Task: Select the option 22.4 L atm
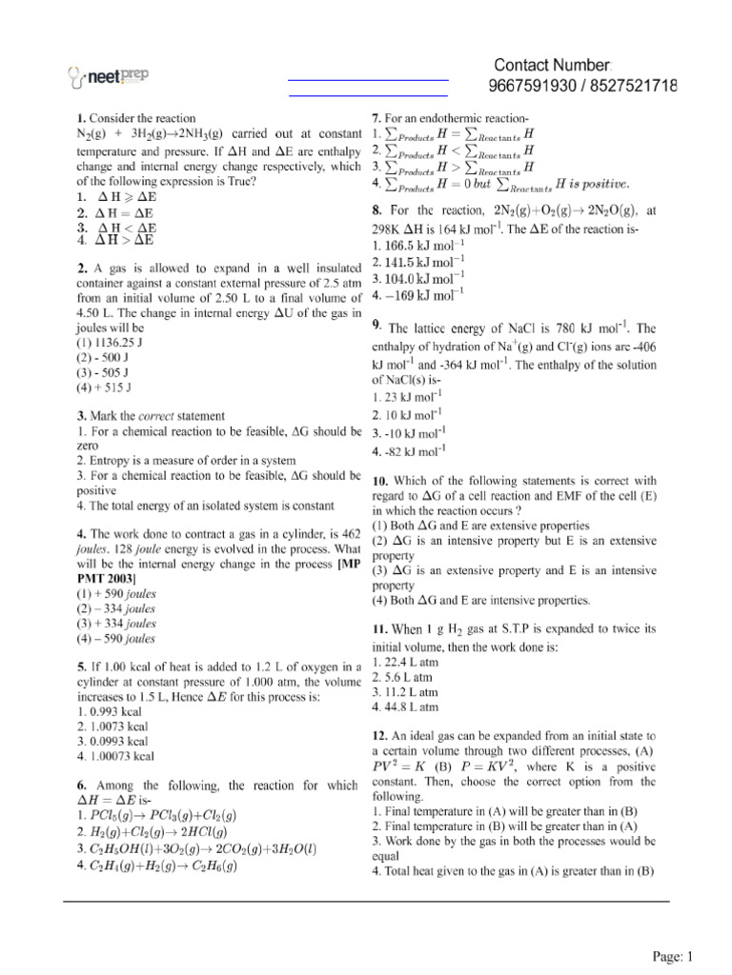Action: point(405,661)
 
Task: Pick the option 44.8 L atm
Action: point(405,707)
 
